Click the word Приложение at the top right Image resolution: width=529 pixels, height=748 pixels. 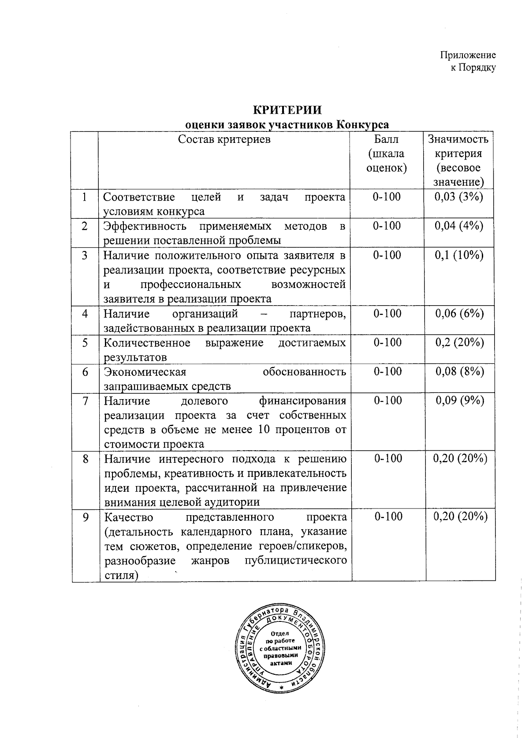click(468, 55)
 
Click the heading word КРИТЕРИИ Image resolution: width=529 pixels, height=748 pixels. click(287, 109)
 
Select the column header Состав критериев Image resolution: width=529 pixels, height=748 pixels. click(224, 139)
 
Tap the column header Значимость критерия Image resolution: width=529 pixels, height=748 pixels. click(458, 146)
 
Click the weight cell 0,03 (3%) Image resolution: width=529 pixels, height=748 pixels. click(459, 197)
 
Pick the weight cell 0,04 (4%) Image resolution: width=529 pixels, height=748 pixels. click(459, 226)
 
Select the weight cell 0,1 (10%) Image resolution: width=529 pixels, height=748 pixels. click(459, 255)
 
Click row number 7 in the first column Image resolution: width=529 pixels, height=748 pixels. click(85, 400)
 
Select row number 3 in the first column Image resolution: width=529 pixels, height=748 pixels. click(85, 255)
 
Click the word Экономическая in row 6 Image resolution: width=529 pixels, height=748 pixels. click(145, 372)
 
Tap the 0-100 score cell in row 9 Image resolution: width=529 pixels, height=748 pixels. click(388, 516)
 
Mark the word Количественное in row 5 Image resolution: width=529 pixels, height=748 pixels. click(147, 343)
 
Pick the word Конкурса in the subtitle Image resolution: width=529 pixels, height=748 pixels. click(362, 124)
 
